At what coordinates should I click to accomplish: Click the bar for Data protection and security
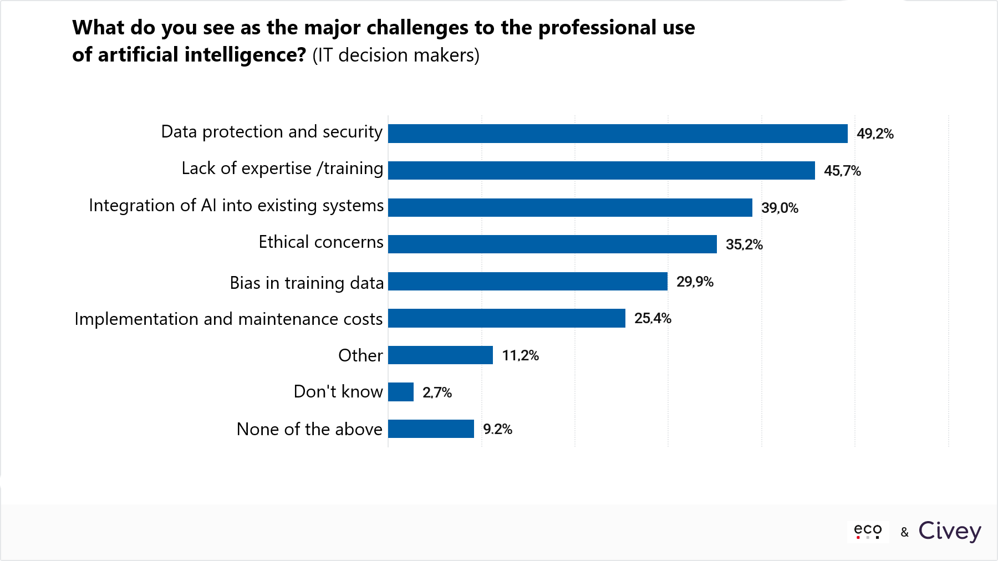[618, 134]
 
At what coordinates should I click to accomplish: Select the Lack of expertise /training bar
[602, 170]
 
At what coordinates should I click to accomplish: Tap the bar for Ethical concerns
[552, 244]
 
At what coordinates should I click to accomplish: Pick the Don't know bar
[401, 392]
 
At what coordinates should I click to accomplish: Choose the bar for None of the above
[431, 429]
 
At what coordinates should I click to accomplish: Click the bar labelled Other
[440, 355]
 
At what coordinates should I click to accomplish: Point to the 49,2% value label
[875, 134]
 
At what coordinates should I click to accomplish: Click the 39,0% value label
[780, 208]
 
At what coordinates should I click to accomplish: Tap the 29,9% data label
[695, 282]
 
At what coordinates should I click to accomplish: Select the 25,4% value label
[653, 318]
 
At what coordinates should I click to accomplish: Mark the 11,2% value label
[520, 355]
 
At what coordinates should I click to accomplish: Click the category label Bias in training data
[307, 283]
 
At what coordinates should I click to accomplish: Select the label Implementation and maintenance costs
[228, 319]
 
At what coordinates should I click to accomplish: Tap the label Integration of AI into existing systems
[236, 206]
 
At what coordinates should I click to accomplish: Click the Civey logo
[950, 531]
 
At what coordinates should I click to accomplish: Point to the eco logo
[868, 531]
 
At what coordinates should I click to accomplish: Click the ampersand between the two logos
[905, 532]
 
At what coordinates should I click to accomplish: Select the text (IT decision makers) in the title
[396, 55]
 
